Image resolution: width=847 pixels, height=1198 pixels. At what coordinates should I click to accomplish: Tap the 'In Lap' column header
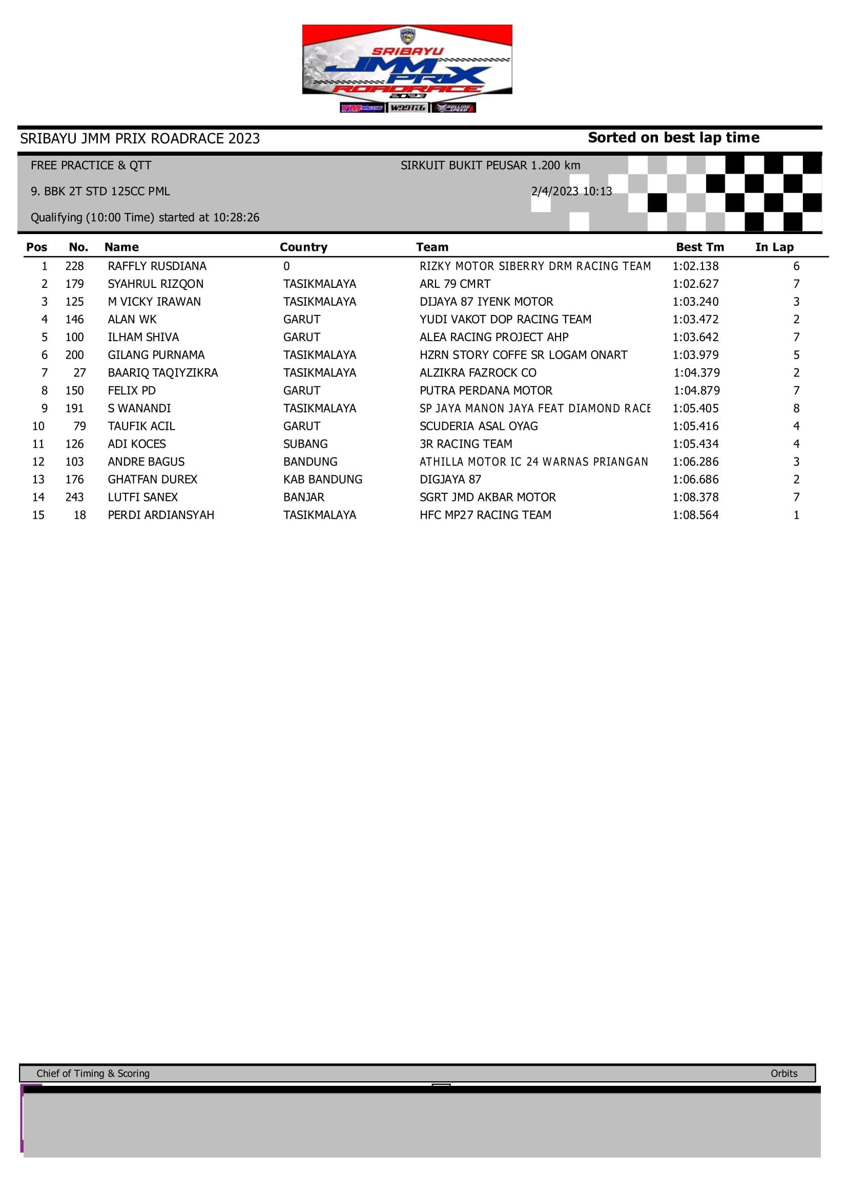pyautogui.click(x=774, y=247)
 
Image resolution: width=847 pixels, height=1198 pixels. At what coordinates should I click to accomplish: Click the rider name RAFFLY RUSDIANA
pyautogui.click(x=157, y=266)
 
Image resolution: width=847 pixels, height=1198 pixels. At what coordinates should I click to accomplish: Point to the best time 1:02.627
pyautogui.click(x=695, y=284)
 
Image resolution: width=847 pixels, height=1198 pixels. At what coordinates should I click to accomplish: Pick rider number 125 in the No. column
pyautogui.click(x=75, y=302)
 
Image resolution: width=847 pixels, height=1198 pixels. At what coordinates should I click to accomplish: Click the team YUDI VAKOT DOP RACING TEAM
pyautogui.click(x=505, y=319)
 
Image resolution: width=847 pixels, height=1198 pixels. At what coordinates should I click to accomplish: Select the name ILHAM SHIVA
pyautogui.click(x=143, y=337)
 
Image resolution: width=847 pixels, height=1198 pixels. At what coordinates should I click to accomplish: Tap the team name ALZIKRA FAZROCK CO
pyautogui.click(x=478, y=372)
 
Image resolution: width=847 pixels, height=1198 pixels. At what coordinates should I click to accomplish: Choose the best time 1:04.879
pyautogui.click(x=696, y=390)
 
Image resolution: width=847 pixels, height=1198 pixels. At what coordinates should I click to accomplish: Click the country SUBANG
pyautogui.click(x=305, y=444)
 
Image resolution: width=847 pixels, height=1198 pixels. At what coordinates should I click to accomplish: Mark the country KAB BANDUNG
pyautogui.click(x=322, y=479)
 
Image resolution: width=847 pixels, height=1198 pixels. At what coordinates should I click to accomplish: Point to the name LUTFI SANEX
pyautogui.click(x=142, y=497)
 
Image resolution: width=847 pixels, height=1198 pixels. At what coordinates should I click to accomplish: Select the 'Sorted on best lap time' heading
pyautogui.click(x=673, y=138)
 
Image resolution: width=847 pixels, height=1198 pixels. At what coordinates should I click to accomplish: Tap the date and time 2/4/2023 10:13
pyautogui.click(x=571, y=192)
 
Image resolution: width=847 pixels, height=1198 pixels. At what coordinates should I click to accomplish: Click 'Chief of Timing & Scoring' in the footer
pyautogui.click(x=93, y=1074)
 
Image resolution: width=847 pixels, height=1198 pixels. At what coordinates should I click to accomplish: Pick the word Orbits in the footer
pyautogui.click(x=783, y=1074)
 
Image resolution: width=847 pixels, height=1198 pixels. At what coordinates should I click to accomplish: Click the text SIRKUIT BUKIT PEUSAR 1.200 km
pyautogui.click(x=490, y=165)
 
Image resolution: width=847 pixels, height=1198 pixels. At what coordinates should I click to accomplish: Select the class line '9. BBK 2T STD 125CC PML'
pyautogui.click(x=100, y=192)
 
